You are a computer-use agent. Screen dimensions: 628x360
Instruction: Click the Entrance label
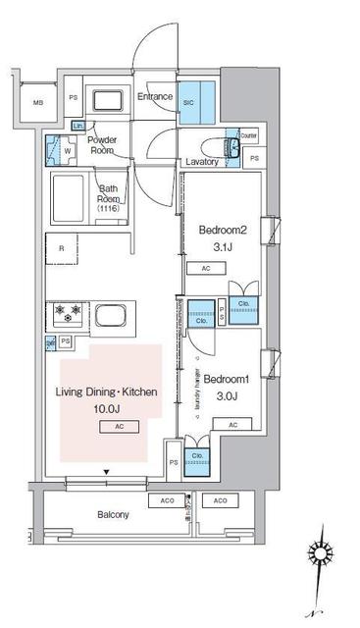point(155,97)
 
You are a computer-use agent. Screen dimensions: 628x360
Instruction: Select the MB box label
point(37,102)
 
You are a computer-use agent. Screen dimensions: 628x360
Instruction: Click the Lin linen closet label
point(77,126)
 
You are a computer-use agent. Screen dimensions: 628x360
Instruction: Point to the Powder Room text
point(104,145)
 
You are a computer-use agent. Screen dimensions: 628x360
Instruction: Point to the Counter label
point(248,135)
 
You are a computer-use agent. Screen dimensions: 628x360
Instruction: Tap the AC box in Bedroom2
point(206,268)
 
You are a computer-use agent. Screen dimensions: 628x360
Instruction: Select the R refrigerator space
point(62,249)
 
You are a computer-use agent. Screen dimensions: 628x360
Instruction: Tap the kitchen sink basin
point(110,317)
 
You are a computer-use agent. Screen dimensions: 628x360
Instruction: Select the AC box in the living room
point(117,427)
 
